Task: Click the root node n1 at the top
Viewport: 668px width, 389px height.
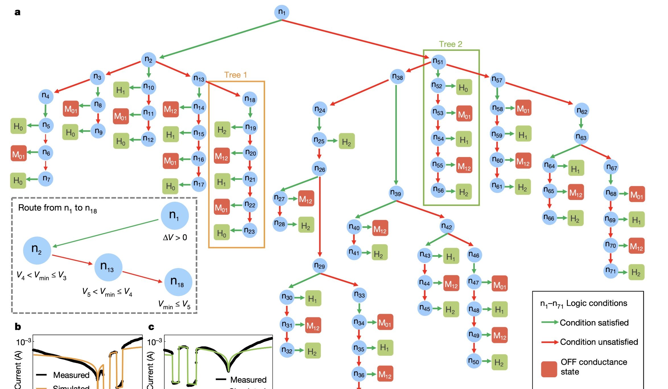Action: [281, 12]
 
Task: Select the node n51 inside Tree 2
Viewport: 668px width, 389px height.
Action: [438, 61]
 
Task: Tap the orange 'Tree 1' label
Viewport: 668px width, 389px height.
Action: [236, 75]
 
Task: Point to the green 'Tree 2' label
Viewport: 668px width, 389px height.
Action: [450, 44]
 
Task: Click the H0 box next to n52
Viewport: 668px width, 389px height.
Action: [464, 87]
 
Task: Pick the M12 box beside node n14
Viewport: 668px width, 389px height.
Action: [171, 109]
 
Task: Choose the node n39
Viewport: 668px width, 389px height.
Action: [396, 193]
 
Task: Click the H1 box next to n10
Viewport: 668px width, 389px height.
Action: [121, 90]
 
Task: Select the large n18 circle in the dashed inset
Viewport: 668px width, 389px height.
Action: [178, 282]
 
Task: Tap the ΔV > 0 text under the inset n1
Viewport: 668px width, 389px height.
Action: [175, 238]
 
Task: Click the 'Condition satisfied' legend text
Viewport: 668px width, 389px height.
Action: [594, 323]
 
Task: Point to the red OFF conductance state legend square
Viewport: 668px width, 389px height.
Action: [549, 369]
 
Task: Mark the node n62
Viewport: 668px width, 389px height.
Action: [582, 111]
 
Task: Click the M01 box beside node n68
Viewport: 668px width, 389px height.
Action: [637, 194]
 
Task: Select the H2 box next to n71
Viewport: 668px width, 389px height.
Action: [636, 272]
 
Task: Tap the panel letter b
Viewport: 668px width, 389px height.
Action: [18, 327]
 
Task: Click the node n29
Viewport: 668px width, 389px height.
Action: [319, 266]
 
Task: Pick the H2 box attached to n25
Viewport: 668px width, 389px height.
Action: [347, 141]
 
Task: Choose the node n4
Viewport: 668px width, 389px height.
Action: [46, 96]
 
